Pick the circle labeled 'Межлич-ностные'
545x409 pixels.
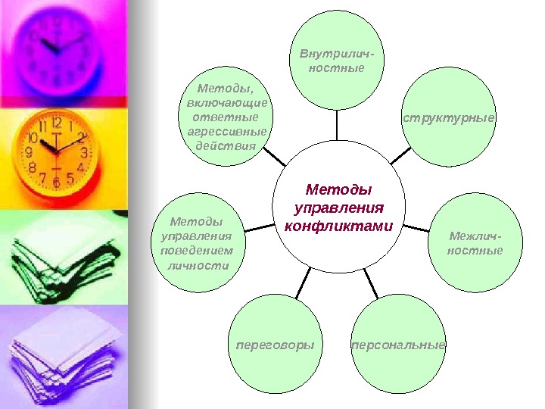point(475,242)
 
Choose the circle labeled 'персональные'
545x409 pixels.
point(399,345)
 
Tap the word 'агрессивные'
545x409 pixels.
point(227,131)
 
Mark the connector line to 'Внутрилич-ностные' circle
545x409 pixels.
point(338,124)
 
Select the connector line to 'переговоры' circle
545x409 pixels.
point(303,283)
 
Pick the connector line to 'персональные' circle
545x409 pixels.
point(372,283)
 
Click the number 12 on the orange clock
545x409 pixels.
point(56,121)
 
